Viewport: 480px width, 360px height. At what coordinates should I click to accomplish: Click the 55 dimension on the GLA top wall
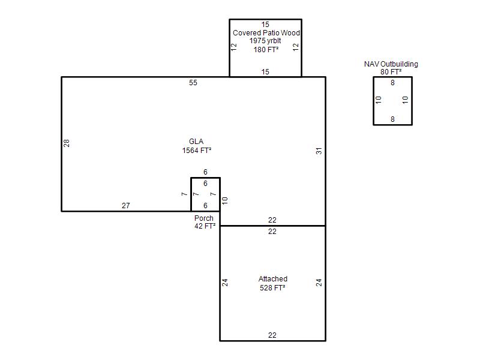pos(193,83)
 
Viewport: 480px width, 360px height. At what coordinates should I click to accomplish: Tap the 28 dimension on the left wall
pos(67,143)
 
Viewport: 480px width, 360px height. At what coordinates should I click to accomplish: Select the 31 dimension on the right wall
pos(319,151)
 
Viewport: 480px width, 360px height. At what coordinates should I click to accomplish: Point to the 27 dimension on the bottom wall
pos(126,206)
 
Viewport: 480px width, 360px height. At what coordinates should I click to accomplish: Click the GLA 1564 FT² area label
pos(197,146)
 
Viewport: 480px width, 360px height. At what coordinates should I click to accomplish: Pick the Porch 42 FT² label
pos(205,222)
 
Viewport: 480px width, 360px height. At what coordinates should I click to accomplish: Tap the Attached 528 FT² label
pos(273,283)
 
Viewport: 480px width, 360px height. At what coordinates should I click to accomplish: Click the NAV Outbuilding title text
pos(391,64)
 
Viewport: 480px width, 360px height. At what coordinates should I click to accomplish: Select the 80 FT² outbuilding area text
pos(391,72)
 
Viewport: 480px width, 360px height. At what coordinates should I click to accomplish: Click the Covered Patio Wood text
pos(266,33)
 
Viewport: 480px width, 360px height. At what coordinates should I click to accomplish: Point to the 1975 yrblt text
pos(265,41)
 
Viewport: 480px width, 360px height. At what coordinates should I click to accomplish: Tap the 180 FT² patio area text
pos(266,50)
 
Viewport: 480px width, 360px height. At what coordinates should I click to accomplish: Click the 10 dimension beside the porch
pos(224,201)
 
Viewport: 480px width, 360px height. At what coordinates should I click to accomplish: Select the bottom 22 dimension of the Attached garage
pos(272,335)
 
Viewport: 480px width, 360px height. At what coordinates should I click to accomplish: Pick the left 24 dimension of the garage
pos(224,282)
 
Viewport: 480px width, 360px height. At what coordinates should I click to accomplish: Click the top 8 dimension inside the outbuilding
pos(392,83)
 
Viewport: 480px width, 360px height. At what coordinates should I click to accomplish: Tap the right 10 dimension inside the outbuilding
pos(405,100)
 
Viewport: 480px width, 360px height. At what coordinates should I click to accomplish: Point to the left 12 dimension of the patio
pos(234,47)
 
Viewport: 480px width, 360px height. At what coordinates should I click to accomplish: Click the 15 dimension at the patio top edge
pos(265,25)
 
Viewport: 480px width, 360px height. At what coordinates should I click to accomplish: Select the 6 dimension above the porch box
pos(205,172)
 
